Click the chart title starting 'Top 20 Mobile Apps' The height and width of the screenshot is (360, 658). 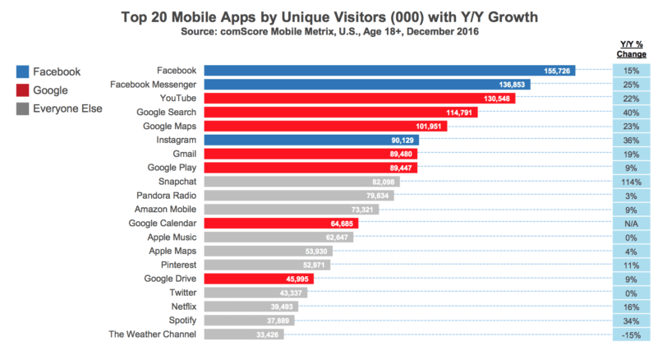point(329,16)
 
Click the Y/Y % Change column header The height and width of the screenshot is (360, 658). point(631,48)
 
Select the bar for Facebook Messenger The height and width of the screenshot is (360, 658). point(367,85)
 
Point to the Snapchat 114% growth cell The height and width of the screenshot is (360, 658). point(631,182)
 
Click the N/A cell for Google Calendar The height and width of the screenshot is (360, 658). point(631,223)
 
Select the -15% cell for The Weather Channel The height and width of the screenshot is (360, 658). point(631,334)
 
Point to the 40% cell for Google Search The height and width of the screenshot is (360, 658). point(631,113)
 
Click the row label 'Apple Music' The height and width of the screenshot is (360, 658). point(171,237)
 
